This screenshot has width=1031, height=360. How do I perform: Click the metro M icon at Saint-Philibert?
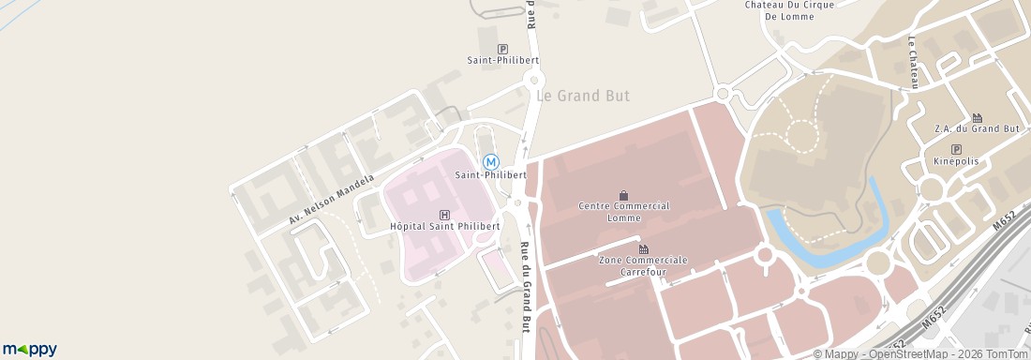[490, 161]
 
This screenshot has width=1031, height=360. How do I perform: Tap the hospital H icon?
[444, 214]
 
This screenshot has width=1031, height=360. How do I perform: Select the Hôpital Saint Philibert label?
[444, 226]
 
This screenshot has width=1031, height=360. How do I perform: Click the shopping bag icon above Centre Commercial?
[623, 195]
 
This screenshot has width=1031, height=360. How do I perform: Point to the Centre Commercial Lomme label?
[623, 212]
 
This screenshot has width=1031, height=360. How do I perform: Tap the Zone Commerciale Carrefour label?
[643, 265]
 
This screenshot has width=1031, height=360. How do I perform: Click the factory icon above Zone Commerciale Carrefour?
[643, 248]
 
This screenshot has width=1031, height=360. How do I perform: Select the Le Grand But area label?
[582, 96]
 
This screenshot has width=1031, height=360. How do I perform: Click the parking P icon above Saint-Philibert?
[502, 49]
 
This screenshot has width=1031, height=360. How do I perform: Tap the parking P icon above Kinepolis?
[956, 149]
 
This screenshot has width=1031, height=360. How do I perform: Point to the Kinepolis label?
[956, 162]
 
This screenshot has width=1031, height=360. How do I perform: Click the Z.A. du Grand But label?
[977, 128]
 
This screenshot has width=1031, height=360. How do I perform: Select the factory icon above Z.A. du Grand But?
[977, 117]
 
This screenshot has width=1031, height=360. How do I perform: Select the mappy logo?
[29, 349]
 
